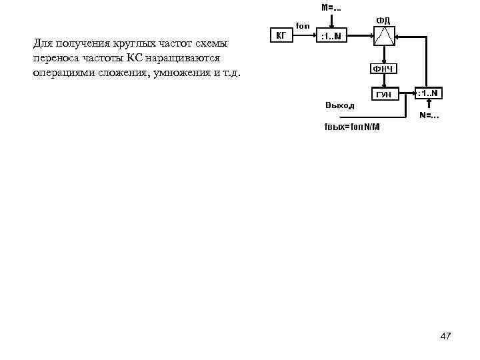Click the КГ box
280,35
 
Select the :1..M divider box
331,35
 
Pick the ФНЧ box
384,69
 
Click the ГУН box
384,95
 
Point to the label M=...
331,8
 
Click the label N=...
429,116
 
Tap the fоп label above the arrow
303,26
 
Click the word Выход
340,105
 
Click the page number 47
445,336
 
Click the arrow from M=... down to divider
331,21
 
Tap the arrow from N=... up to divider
428,106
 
